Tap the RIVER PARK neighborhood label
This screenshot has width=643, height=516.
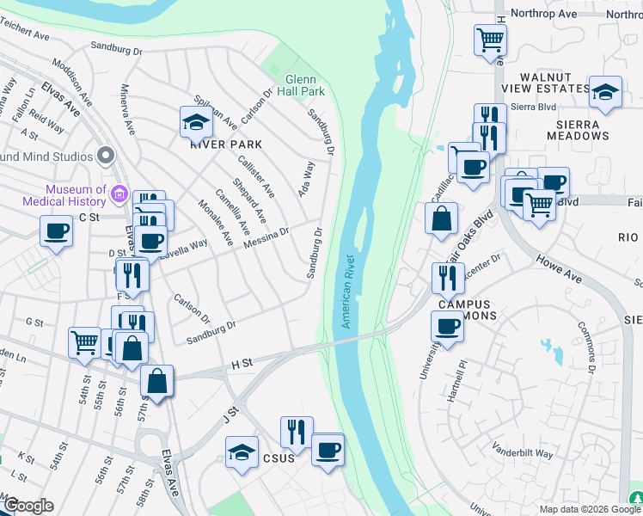pyautogui.click(x=225, y=144)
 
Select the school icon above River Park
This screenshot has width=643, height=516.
pyautogui.click(x=196, y=123)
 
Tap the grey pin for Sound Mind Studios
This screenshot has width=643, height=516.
pyautogui.click(x=107, y=156)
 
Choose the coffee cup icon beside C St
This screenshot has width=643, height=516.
pyautogui.click(x=57, y=231)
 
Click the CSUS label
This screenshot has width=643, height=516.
pyautogui.click(x=279, y=458)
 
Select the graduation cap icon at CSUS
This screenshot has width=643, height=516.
pyautogui.click(x=242, y=452)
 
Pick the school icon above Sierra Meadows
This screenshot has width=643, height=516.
pyautogui.click(x=605, y=92)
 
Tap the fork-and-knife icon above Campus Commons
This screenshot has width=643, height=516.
pyautogui.click(x=448, y=278)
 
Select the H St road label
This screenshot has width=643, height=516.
pyautogui.click(x=241, y=365)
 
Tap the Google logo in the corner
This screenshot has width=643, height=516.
pyautogui.click(x=29, y=506)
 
